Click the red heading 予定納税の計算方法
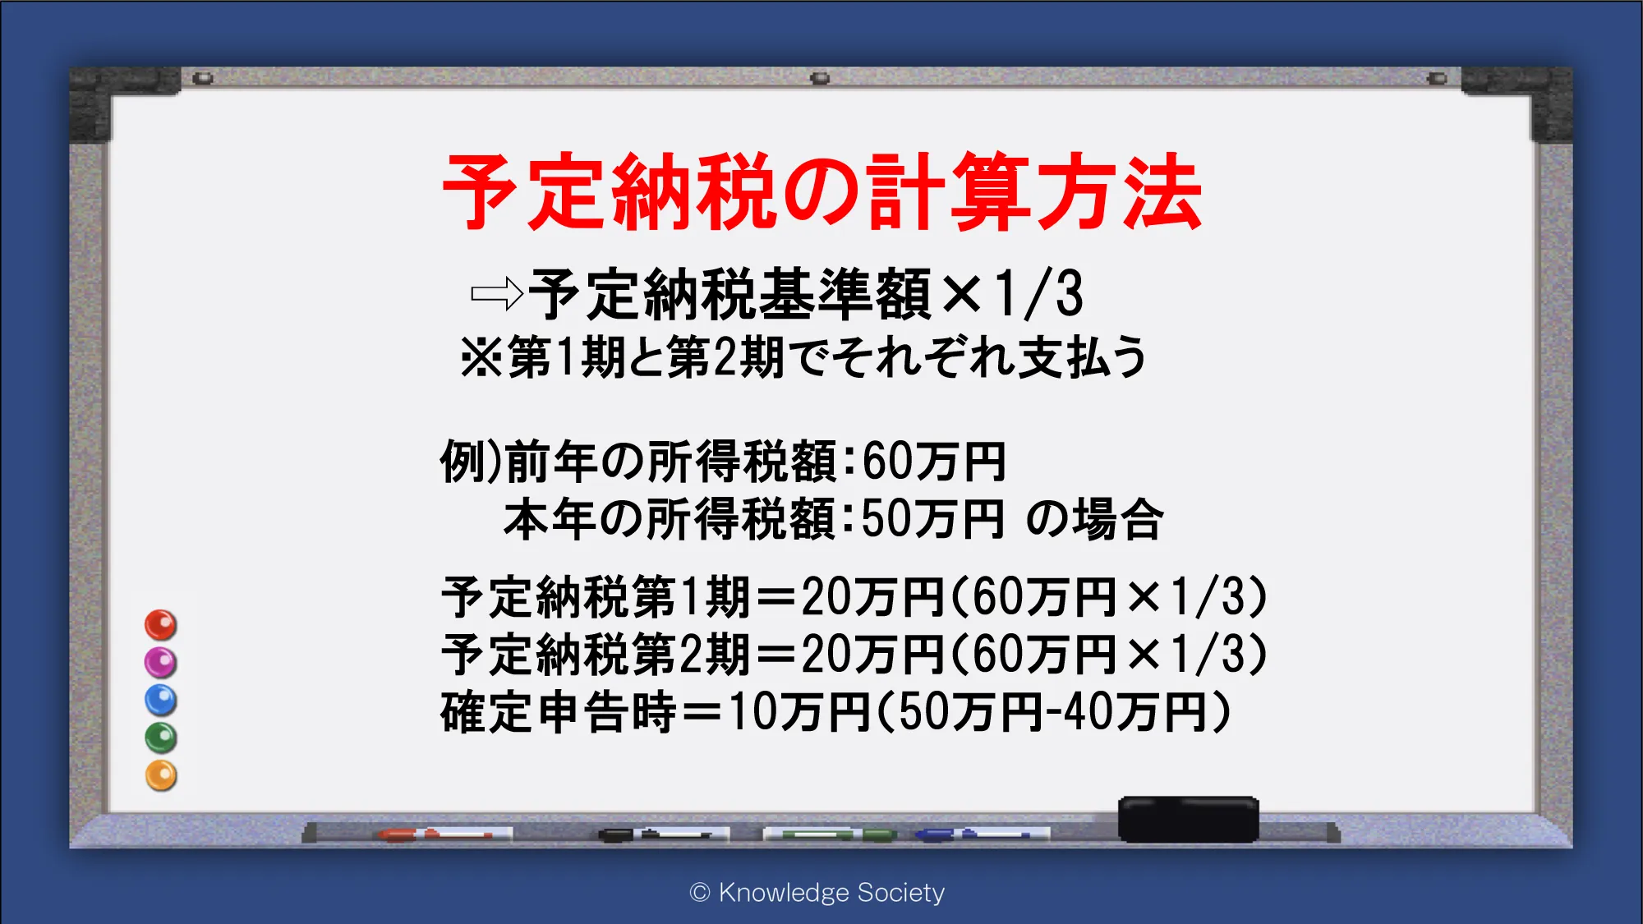[x=822, y=192]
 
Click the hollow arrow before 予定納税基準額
[x=497, y=294]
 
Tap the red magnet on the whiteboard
[x=161, y=625]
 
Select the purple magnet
[x=161, y=662]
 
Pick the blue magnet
[x=161, y=700]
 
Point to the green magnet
[x=161, y=738]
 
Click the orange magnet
[x=161, y=775]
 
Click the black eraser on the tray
[x=1188, y=819]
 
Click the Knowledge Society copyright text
[x=817, y=892]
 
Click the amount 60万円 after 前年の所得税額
[x=934, y=462]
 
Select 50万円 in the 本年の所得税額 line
[x=933, y=519]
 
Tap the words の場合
[x=1095, y=519]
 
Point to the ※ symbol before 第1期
[x=482, y=357]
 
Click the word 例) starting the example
[x=471, y=462]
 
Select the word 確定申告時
[x=559, y=711]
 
